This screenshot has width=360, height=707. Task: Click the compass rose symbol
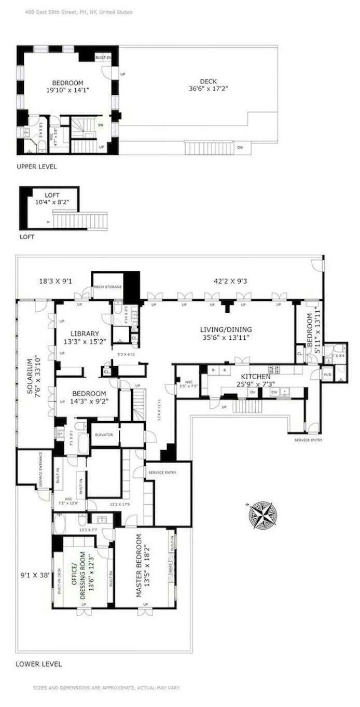[263, 515]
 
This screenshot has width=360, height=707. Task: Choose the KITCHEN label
[255, 380]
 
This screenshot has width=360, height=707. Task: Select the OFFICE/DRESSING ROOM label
[83, 571]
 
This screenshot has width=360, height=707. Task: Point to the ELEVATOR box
[104, 435]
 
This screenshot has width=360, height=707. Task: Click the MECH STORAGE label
[108, 286]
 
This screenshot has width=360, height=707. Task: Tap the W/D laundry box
[327, 373]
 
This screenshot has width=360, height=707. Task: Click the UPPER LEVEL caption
[36, 167]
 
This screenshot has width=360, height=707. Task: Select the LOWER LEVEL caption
[38, 664]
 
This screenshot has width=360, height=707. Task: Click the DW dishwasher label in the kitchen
[274, 392]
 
